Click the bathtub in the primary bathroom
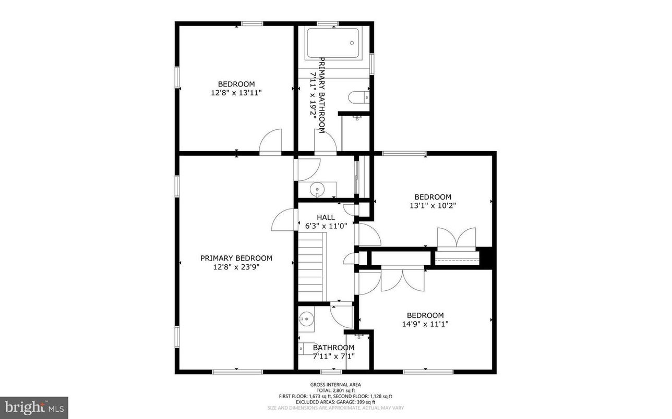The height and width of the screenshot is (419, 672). pyautogui.click(x=332, y=43)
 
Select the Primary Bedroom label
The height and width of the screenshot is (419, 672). pyautogui.click(x=236, y=258)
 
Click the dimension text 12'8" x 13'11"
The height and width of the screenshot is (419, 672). pyautogui.click(x=236, y=93)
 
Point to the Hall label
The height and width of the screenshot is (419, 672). pyautogui.click(x=326, y=217)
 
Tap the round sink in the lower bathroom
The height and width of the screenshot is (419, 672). pyautogui.click(x=306, y=317)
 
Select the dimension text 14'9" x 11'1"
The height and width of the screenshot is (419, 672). pyautogui.click(x=425, y=324)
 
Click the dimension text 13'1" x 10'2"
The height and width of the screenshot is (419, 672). pyautogui.click(x=433, y=205)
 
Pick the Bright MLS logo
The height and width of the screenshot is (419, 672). pyautogui.click(x=34, y=406)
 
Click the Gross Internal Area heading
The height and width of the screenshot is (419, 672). pyautogui.click(x=335, y=385)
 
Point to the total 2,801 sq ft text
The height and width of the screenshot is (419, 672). pyautogui.click(x=335, y=390)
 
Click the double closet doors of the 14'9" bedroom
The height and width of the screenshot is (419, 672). pyautogui.click(x=402, y=279)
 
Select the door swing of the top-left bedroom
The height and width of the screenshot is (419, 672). pyautogui.click(x=272, y=142)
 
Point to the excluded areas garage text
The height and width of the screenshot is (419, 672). pyautogui.click(x=335, y=402)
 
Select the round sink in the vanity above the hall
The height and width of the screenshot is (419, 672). pyautogui.click(x=316, y=189)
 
